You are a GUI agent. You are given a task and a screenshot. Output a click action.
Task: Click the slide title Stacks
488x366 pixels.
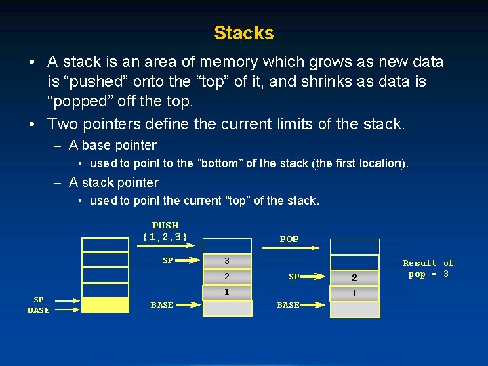[x=243, y=33]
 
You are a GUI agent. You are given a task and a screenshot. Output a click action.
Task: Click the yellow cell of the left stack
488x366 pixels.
[x=105, y=305]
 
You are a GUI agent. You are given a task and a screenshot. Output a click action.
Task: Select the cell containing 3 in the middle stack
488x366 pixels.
[x=228, y=261]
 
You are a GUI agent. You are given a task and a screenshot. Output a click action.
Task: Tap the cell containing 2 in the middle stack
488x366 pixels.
[x=228, y=277]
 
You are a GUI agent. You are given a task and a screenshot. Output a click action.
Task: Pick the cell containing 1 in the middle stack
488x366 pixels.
[x=228, y=291]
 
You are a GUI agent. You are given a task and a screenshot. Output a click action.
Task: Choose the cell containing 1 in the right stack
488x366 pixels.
[x=354, y=293]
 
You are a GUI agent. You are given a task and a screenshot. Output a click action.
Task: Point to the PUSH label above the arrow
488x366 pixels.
[x=165, y=225]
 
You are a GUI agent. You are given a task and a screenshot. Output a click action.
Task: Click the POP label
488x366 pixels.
[x=289, y=239]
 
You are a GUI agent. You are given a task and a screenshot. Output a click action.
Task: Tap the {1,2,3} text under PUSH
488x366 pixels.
[x=165, y=237]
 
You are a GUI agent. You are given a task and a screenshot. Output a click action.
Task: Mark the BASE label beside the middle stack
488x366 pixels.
[x=162, y=306]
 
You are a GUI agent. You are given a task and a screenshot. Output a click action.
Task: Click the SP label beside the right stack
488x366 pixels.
[x=294, y=277]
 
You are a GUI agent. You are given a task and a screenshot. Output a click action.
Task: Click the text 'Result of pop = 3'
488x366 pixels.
[x=428, y=268]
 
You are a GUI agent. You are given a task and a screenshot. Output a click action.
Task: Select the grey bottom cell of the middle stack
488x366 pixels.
[x=228, y=308]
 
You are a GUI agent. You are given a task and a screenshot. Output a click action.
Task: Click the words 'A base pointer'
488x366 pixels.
[x=113, y=145]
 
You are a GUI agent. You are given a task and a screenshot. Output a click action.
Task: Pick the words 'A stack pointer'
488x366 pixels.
[x=114, y=182]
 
